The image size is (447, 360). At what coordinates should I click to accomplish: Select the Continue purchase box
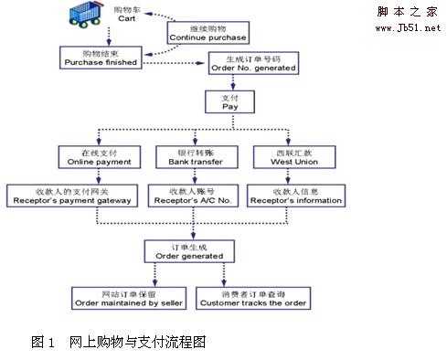tap(207, 33)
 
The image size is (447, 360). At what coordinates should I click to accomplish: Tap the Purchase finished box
tap(101, 58)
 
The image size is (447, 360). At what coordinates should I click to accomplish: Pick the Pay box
tap(230, 101)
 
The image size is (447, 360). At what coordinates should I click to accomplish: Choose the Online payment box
tap(100, 157)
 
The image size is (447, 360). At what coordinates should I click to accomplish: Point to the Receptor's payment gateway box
tap(73, 196)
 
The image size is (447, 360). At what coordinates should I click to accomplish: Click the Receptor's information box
tap(296, 196)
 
